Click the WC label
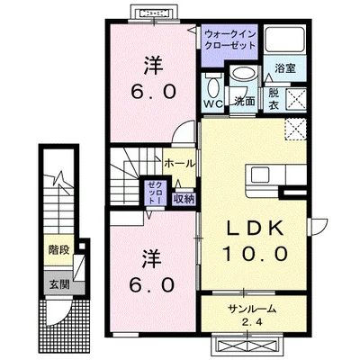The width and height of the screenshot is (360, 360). (212, 104)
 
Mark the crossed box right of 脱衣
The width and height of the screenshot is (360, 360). (297, 98)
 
